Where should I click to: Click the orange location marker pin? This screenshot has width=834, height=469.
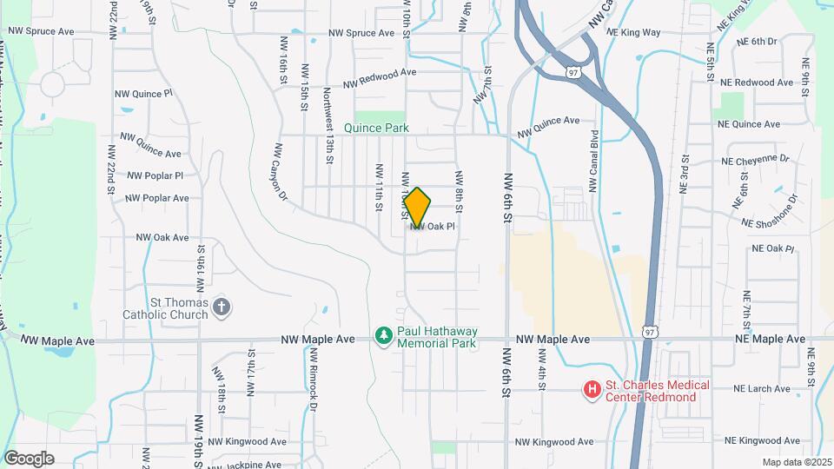pyautogui.click(x=418, y=208)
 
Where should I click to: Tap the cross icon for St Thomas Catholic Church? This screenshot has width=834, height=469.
pyautogui.click(x=222, y=306)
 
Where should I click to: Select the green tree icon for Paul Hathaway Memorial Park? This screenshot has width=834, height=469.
pyautogui.click(x=383, y=335)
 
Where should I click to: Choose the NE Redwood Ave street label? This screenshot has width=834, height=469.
pyautogui.click(x=757, y=83)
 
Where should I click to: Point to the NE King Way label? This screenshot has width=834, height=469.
pyautogui.click(x=633, y=32)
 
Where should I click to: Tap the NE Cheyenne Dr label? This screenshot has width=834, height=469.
pyautogui.click(x=755, y=160)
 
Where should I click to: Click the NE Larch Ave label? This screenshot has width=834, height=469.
pyautogui.click(x=764, y=389)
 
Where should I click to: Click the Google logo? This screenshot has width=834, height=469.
pyautogui.click(x=29, y=459)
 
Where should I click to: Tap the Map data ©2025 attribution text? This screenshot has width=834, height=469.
pyautogui.click(x=797, y=462)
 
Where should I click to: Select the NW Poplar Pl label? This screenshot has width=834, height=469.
pyautogui.click(x=156, y=175)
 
